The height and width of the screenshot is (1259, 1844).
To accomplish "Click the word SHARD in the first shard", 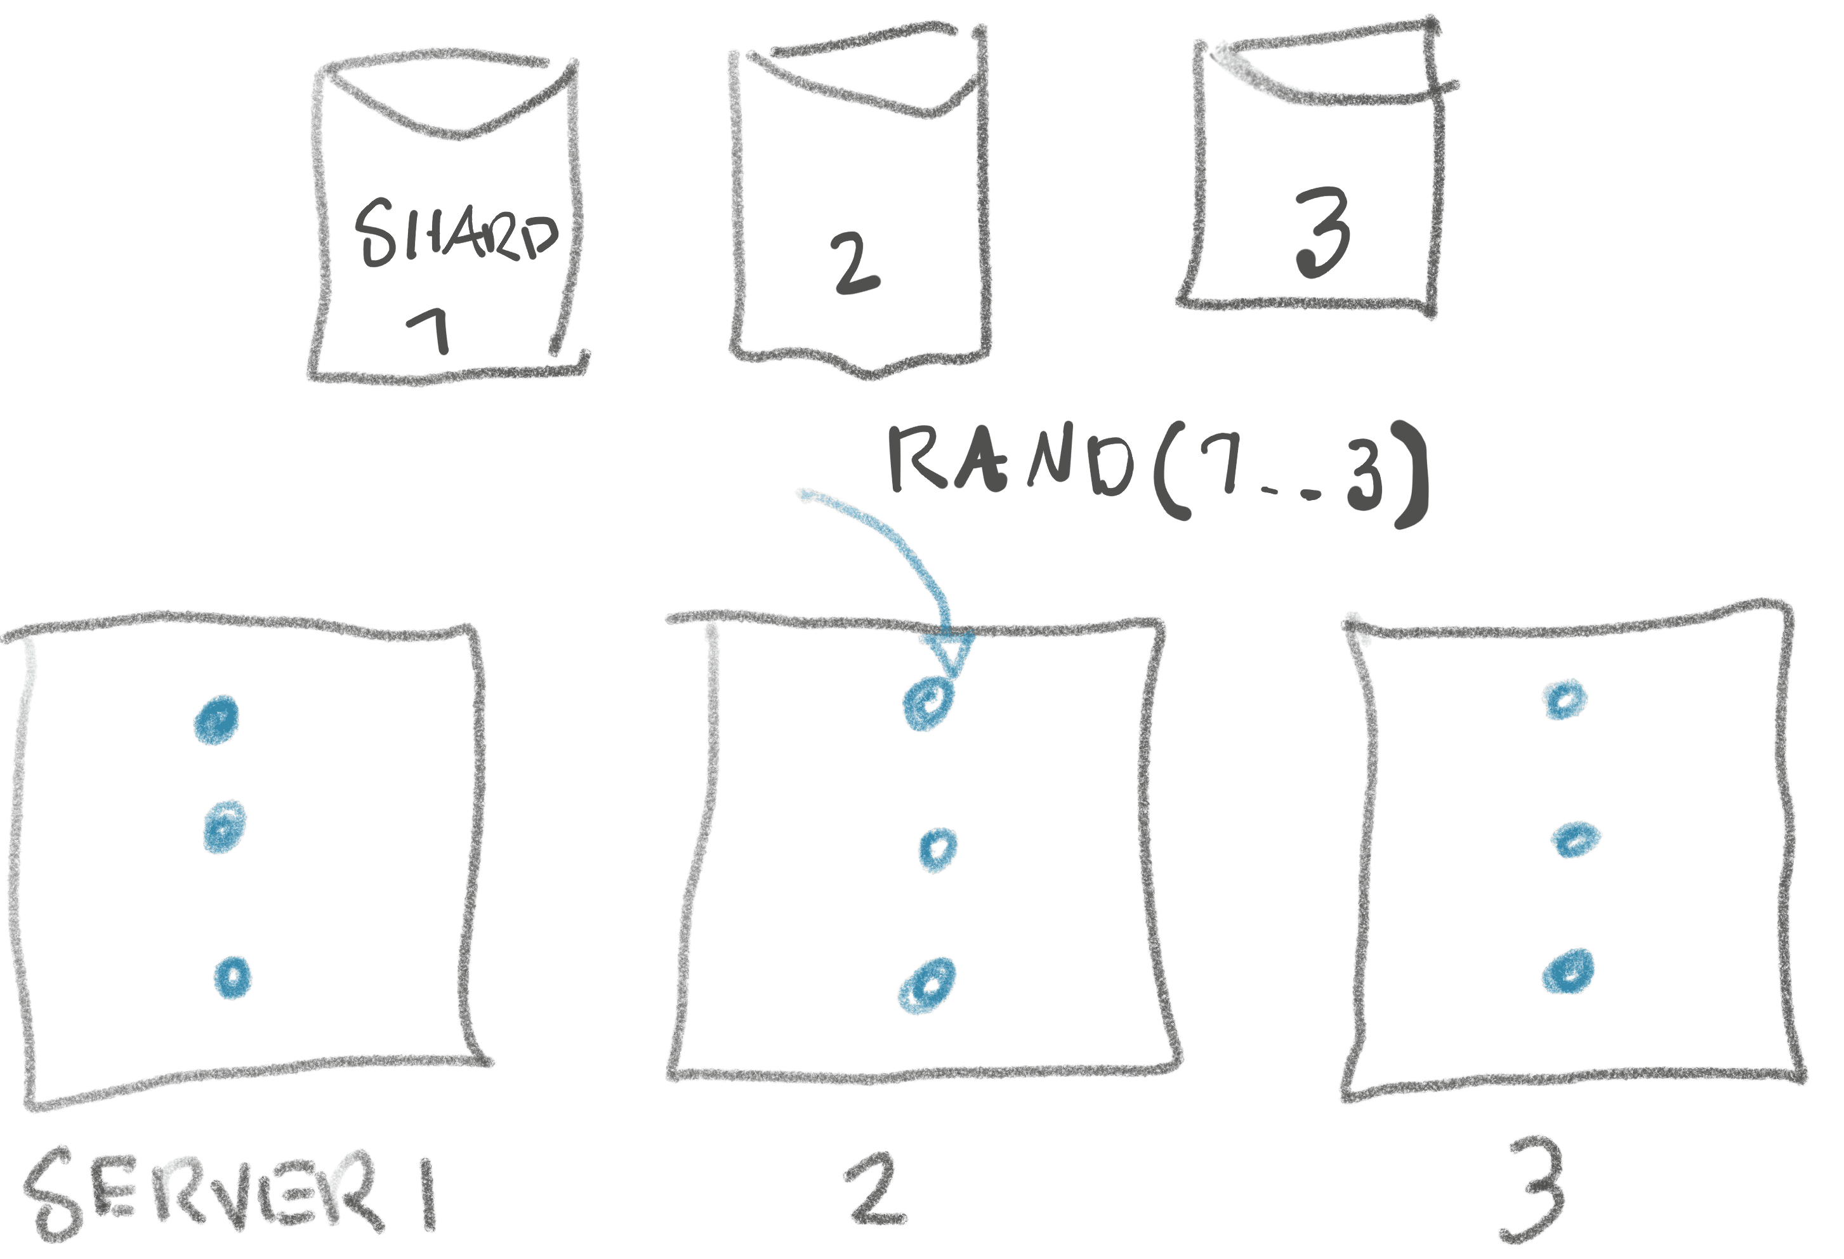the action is tap(456, 232).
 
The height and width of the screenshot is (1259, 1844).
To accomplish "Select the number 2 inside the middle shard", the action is tap(853, 263).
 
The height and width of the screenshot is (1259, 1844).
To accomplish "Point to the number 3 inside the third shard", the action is tap(1322, 232).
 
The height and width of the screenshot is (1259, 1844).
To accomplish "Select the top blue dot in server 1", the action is tap(216, 720).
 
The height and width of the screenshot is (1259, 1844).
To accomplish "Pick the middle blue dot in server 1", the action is tap(225, 827).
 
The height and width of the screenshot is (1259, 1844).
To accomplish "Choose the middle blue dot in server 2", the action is tap(938, 850).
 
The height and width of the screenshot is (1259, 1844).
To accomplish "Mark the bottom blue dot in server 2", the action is tap(927, 985).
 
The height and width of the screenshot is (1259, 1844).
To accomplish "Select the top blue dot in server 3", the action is tap(1564, 700).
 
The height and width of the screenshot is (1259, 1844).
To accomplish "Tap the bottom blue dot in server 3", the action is tap(1569, 970).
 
